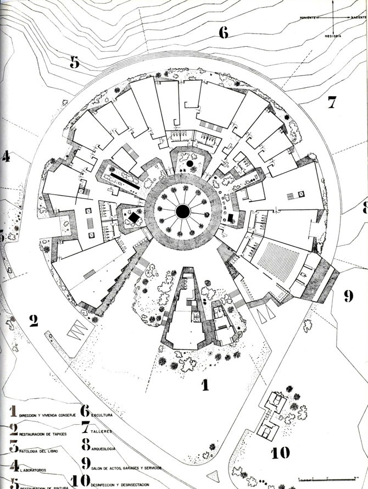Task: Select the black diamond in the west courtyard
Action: pos(133,218)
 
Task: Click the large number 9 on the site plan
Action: pos(348,296)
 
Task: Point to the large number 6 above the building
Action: pos(223,32)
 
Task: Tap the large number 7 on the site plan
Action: pos(332,102)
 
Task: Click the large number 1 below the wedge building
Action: pos(205,385)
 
